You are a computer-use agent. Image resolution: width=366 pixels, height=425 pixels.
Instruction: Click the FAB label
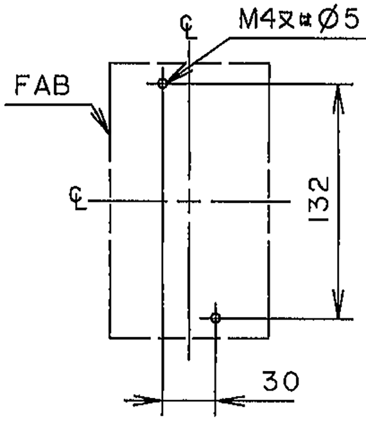[42, 85]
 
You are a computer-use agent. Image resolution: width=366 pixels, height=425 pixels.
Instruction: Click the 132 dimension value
[319, 199]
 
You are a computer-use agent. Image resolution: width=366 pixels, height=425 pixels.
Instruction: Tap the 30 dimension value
[281, 381]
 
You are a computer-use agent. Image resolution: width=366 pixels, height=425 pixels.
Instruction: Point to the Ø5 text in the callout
[338, 19]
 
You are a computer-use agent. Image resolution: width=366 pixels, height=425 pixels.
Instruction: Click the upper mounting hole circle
[162, 84]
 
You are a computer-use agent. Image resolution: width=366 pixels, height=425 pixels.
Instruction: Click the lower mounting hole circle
[216, 318]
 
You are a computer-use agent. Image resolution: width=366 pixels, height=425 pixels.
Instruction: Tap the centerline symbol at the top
[188, 27]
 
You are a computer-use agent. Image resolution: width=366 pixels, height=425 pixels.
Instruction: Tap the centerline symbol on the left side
[78, 198]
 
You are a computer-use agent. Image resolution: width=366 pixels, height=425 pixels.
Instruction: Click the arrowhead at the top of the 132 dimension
[339, 99]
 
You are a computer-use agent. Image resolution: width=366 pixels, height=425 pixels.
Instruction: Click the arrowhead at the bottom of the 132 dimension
[339, 304]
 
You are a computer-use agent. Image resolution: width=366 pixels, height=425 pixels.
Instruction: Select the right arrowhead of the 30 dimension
[230, 400]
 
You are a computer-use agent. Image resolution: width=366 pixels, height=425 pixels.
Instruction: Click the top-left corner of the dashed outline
[110, 63]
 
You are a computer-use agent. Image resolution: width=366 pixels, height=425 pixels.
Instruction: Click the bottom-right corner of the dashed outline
[269, 338]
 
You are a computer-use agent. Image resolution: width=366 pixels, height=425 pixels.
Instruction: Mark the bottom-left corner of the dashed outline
[110, 338]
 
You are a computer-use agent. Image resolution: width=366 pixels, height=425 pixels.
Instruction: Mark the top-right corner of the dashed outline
[269, 64]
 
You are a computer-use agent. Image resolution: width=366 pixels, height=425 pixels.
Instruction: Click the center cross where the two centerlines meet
[189, 201]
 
